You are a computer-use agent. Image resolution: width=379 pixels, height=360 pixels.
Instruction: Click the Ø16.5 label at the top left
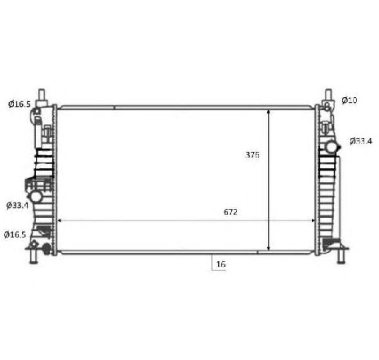click(x=20, y=104)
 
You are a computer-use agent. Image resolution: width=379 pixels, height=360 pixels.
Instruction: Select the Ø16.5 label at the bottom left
click(x=15, y=234)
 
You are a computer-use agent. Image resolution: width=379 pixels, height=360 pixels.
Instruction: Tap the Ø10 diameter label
click(x=350, y=100)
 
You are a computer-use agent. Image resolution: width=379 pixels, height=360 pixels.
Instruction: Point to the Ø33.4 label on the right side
click(x=361, y=141)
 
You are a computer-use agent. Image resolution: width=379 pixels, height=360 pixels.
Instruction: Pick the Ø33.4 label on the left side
click(x=17, y=205)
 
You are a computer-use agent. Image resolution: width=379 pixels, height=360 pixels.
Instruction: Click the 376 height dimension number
click(x=252, y=154)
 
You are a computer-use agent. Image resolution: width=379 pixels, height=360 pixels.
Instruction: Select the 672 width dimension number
click(x=230, y=211)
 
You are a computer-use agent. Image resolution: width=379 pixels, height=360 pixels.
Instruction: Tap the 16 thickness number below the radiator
click(x=221, y=264)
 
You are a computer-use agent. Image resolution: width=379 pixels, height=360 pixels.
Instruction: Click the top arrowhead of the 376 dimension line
click(x=269, y=112)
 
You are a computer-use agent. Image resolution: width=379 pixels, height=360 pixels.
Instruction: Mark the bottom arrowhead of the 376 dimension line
click(x=269, y=247)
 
